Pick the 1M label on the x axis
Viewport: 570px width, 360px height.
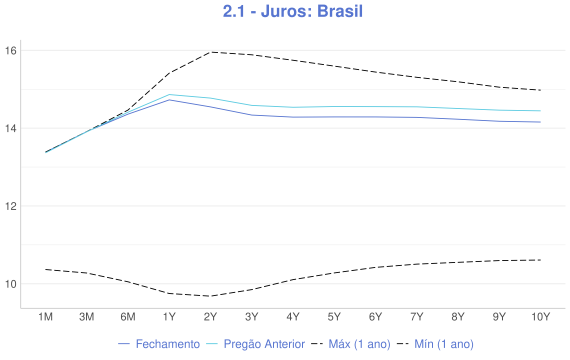click(x=45, y=317)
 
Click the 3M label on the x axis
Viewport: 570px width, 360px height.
click(x=87, y=317)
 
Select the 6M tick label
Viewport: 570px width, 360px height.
click(x=128, y=317)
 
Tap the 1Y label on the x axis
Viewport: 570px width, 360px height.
click(x=169, y=317)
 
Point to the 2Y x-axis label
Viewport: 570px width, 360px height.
click(x=210, y=317)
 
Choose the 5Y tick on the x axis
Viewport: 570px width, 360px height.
click(x=334, y=317)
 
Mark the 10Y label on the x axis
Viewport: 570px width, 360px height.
click(x=540, y=317)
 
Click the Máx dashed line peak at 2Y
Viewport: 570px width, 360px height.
click(x=210, y=52)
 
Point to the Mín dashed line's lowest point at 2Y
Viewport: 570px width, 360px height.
click(x=210, y=296)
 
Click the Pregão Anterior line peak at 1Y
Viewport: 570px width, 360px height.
click(x=169, y=95)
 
